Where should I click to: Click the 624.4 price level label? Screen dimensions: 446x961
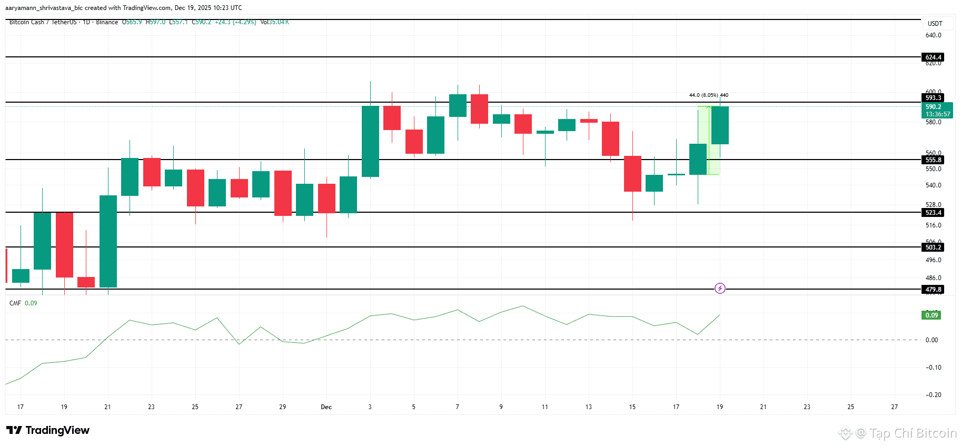tap(933, 57)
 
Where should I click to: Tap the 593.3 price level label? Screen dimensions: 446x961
tap(933, 98)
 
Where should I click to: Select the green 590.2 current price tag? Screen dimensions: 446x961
tap(937, 110)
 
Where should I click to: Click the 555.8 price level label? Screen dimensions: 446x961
tap(933, 160)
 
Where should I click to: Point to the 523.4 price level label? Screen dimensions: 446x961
tap(933, 213)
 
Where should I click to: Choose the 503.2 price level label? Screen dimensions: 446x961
tap(933, 247)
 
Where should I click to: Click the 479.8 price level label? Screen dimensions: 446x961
tap(933, 290)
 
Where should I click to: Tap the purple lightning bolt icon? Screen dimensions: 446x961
tap(720, 288)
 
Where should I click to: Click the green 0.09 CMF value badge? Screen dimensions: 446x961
tap(932, 315)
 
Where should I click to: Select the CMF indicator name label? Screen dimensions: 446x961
tap(15, 303)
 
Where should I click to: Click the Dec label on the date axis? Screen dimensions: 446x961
tap(326, 407)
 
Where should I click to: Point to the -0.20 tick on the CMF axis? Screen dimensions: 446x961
tap(933, 395)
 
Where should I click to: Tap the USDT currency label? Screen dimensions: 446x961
tap(935, 24)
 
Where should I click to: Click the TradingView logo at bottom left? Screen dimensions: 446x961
tap(48, 430)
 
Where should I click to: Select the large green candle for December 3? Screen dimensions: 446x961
tap(370, 141)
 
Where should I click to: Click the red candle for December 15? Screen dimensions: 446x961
tap(632, 174)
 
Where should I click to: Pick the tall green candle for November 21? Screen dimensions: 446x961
tap(108, 241)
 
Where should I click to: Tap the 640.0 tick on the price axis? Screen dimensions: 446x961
tap(933, 35)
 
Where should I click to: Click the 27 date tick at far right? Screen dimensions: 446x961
tap(894, 407)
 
